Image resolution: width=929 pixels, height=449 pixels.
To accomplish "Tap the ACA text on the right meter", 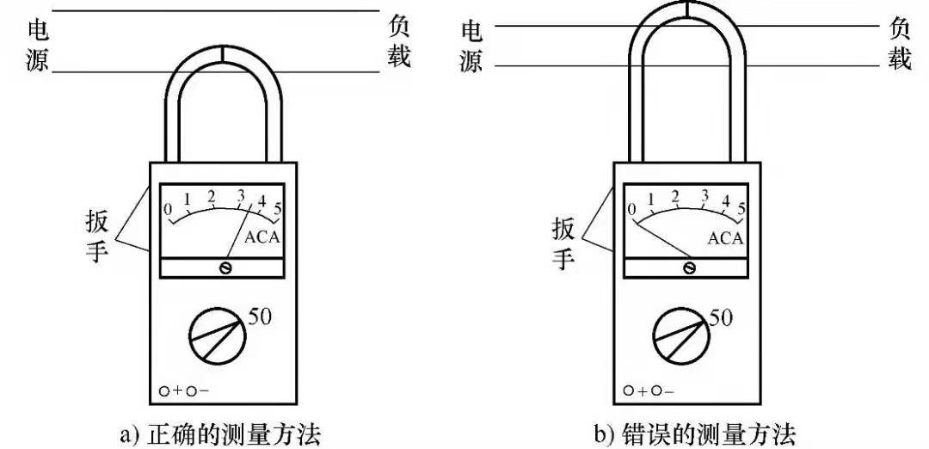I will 724,238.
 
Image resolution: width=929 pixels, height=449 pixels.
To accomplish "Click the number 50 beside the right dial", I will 721,318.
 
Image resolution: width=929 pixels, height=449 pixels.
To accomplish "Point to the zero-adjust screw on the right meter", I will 689,268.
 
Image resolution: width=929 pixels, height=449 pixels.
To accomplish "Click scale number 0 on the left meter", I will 169,209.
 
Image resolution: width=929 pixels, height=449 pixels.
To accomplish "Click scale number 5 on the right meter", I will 741,207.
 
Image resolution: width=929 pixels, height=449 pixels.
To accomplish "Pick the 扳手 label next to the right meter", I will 563,243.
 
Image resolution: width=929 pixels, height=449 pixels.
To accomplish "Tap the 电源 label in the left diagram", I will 39,45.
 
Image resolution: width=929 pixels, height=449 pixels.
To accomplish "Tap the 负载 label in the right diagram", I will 899,45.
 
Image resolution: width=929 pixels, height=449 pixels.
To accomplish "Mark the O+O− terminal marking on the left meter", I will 183,391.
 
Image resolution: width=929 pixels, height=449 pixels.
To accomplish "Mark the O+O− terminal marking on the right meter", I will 649,391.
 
